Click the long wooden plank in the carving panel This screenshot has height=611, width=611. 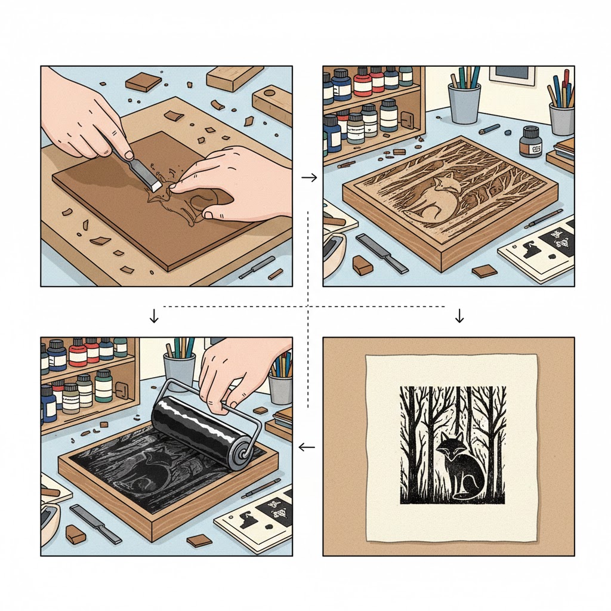click(x=234, y=77)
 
